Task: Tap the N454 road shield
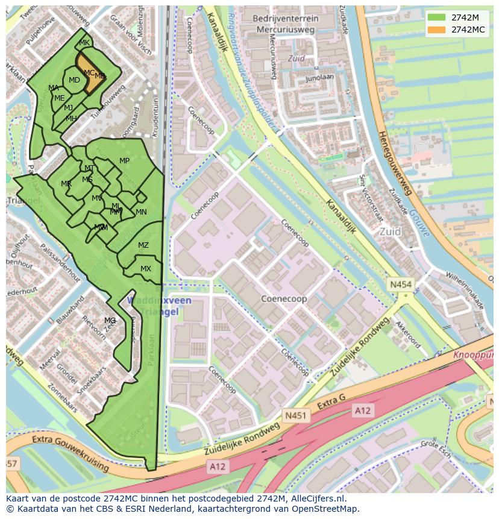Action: coord(400,284)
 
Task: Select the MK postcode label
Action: coord(84,43)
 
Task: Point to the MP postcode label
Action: coord(124,161)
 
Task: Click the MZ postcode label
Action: coord(143,245)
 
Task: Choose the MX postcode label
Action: coord(146,269)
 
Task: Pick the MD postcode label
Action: coord(74,80)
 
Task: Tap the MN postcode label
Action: coord(141,212)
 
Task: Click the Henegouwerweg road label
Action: coord(394,163)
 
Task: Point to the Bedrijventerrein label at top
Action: coord(286,19)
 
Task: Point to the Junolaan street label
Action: coord(319,77)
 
